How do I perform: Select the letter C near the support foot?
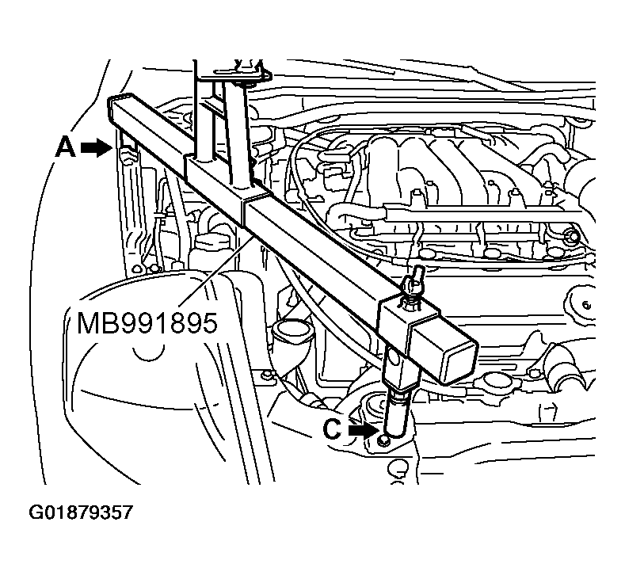(333, 430)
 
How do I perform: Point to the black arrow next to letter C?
(364, 430)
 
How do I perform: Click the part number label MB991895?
(147, 323)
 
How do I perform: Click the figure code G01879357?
(81, 512)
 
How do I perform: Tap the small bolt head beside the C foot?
(384, 440)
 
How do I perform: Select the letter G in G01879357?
(37, 512)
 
